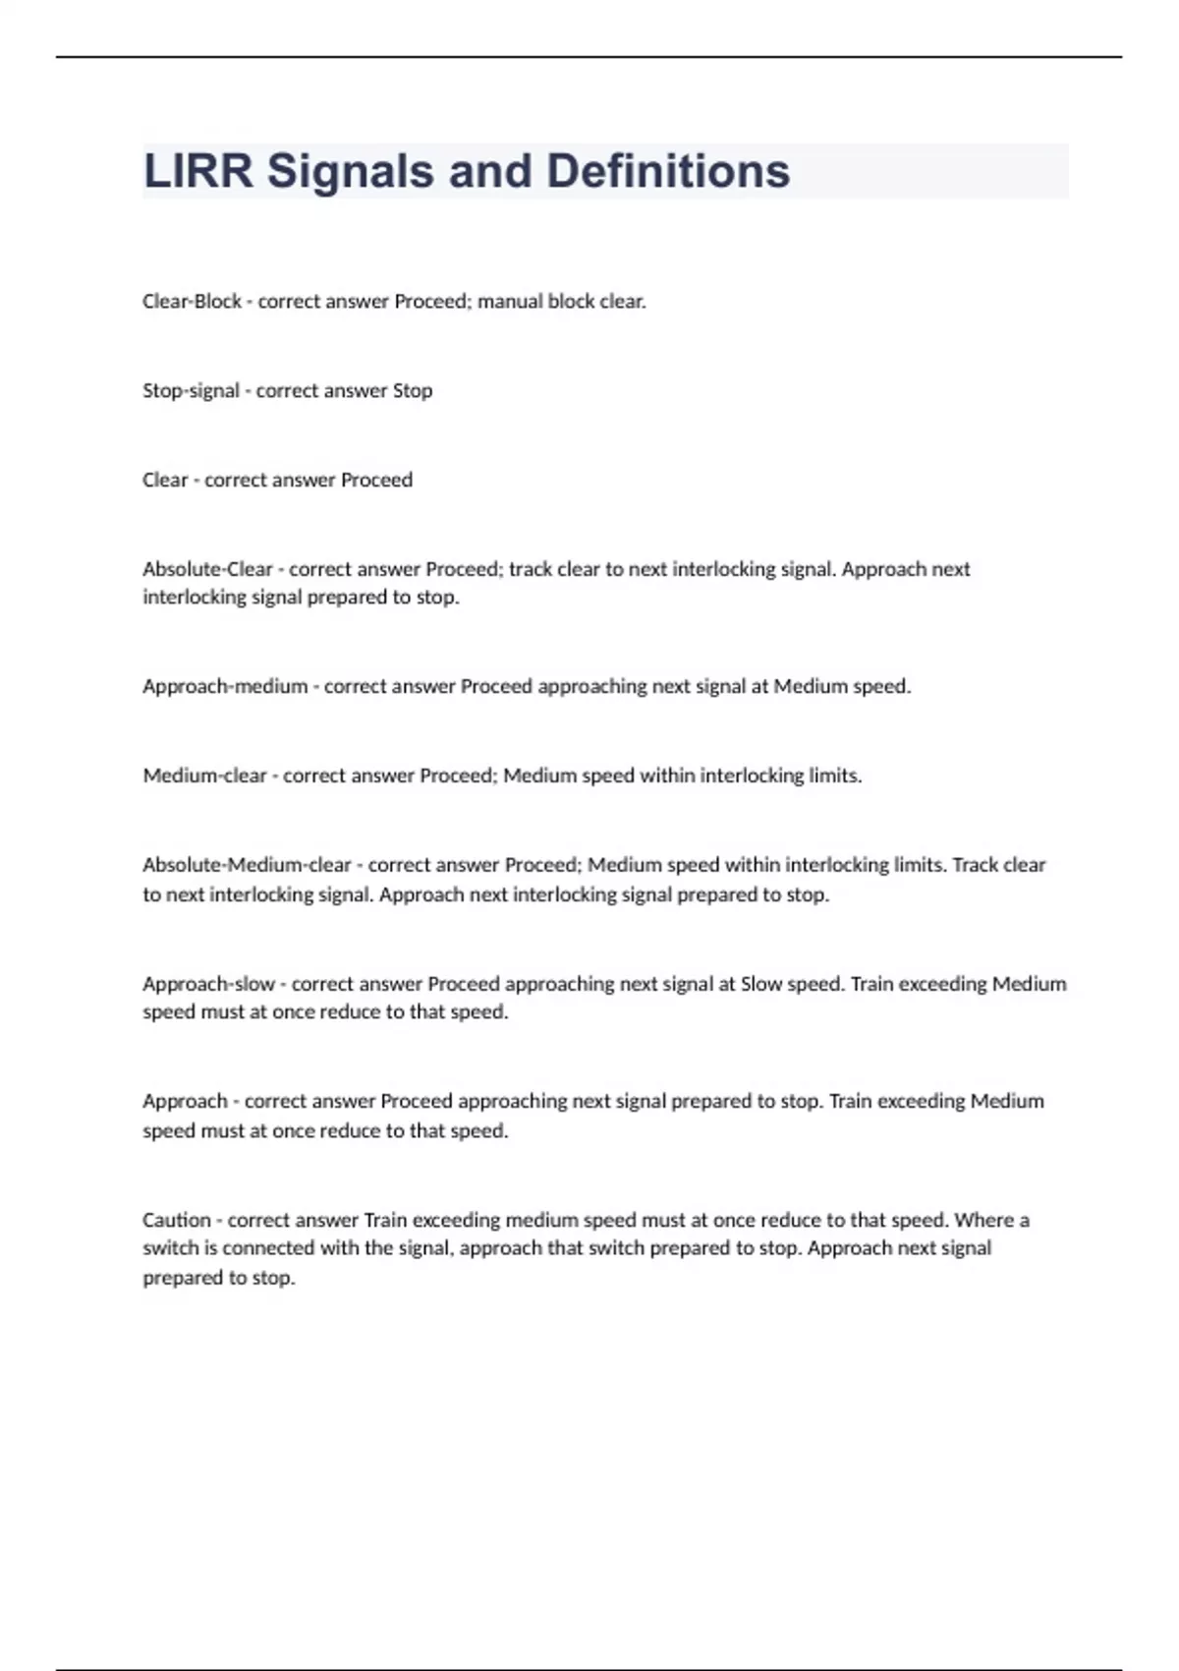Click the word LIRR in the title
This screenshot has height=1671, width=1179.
[x=197, y=171]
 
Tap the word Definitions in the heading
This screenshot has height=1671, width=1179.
[x=667, y=171]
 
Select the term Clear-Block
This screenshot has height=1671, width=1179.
[x=192, y=302]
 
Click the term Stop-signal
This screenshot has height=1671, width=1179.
[x=191, y=391]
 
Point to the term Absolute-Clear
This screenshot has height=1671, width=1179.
[x=207, y=569]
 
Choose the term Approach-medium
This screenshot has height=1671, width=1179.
[x=225, y=686]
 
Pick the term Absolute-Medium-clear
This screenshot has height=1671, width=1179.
[x=247, y=865]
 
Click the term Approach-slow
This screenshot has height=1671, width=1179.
[x=208, y=984]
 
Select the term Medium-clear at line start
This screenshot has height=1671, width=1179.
[x=204, y=776]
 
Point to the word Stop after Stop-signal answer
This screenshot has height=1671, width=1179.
[x=413, y=391]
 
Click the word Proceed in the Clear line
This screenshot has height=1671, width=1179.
[x=376, y=480]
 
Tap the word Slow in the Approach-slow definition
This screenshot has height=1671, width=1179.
[x=761, y=984]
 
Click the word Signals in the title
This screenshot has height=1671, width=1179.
[x=350, y=171]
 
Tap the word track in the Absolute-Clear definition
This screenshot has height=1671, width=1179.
[x=531, y=569]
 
